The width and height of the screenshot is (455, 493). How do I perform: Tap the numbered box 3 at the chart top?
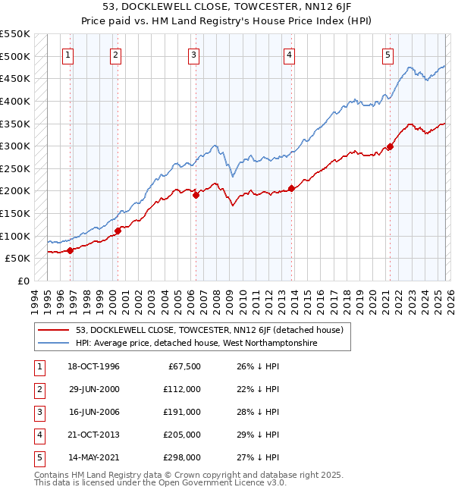click(194, 54)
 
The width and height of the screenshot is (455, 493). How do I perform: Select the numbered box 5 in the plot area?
click(388, 54)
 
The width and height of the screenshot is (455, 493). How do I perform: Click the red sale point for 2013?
click(291, 189)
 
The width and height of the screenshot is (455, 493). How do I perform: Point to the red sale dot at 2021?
click(390, 147)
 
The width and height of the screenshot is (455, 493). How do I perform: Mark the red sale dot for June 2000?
click(118, 231)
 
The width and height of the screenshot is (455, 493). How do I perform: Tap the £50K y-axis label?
click(18, 259)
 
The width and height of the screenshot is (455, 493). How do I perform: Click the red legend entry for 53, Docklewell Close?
click(209, 330)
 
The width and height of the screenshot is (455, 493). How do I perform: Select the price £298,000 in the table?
click(183, 457)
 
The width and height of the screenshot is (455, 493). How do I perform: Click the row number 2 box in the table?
click(37, 389)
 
